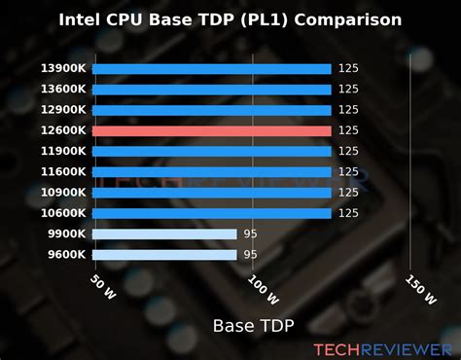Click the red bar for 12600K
(211, 130)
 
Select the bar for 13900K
(211, 68)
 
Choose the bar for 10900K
(211, 193)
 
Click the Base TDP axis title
(253, 324)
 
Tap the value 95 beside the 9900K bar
(251, 234)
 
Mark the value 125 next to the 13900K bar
(349, 68)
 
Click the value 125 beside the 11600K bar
(349, 172)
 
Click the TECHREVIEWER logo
(382, 347)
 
